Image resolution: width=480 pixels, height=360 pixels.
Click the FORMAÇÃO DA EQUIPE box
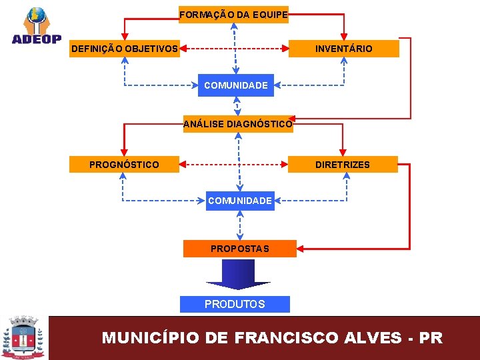click(x=233, y=14)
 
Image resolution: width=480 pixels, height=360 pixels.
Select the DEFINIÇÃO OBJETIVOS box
click(x=125, y=49)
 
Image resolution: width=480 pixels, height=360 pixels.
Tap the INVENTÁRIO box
click(x=343, y=49)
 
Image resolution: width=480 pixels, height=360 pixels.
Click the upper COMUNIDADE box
click(x=236, y=85)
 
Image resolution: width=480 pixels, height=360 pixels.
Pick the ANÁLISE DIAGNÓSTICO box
click(x=238, y=124)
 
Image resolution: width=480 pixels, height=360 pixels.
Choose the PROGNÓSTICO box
click(x=125, y=165)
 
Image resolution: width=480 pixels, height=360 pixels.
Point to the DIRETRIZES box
click(x=343, y=165)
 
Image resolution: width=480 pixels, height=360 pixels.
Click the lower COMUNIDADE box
click(x=240, y=201)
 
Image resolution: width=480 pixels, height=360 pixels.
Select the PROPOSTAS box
click(x=239, y=249)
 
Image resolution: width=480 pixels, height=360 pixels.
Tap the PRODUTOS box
click(x=235, y=304)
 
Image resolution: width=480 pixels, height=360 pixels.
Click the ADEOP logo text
click(x=37, y=39)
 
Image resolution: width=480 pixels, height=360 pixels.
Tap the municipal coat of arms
click(x=24, y=337)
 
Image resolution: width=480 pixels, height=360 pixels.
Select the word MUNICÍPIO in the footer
click(x=150, y=337)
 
